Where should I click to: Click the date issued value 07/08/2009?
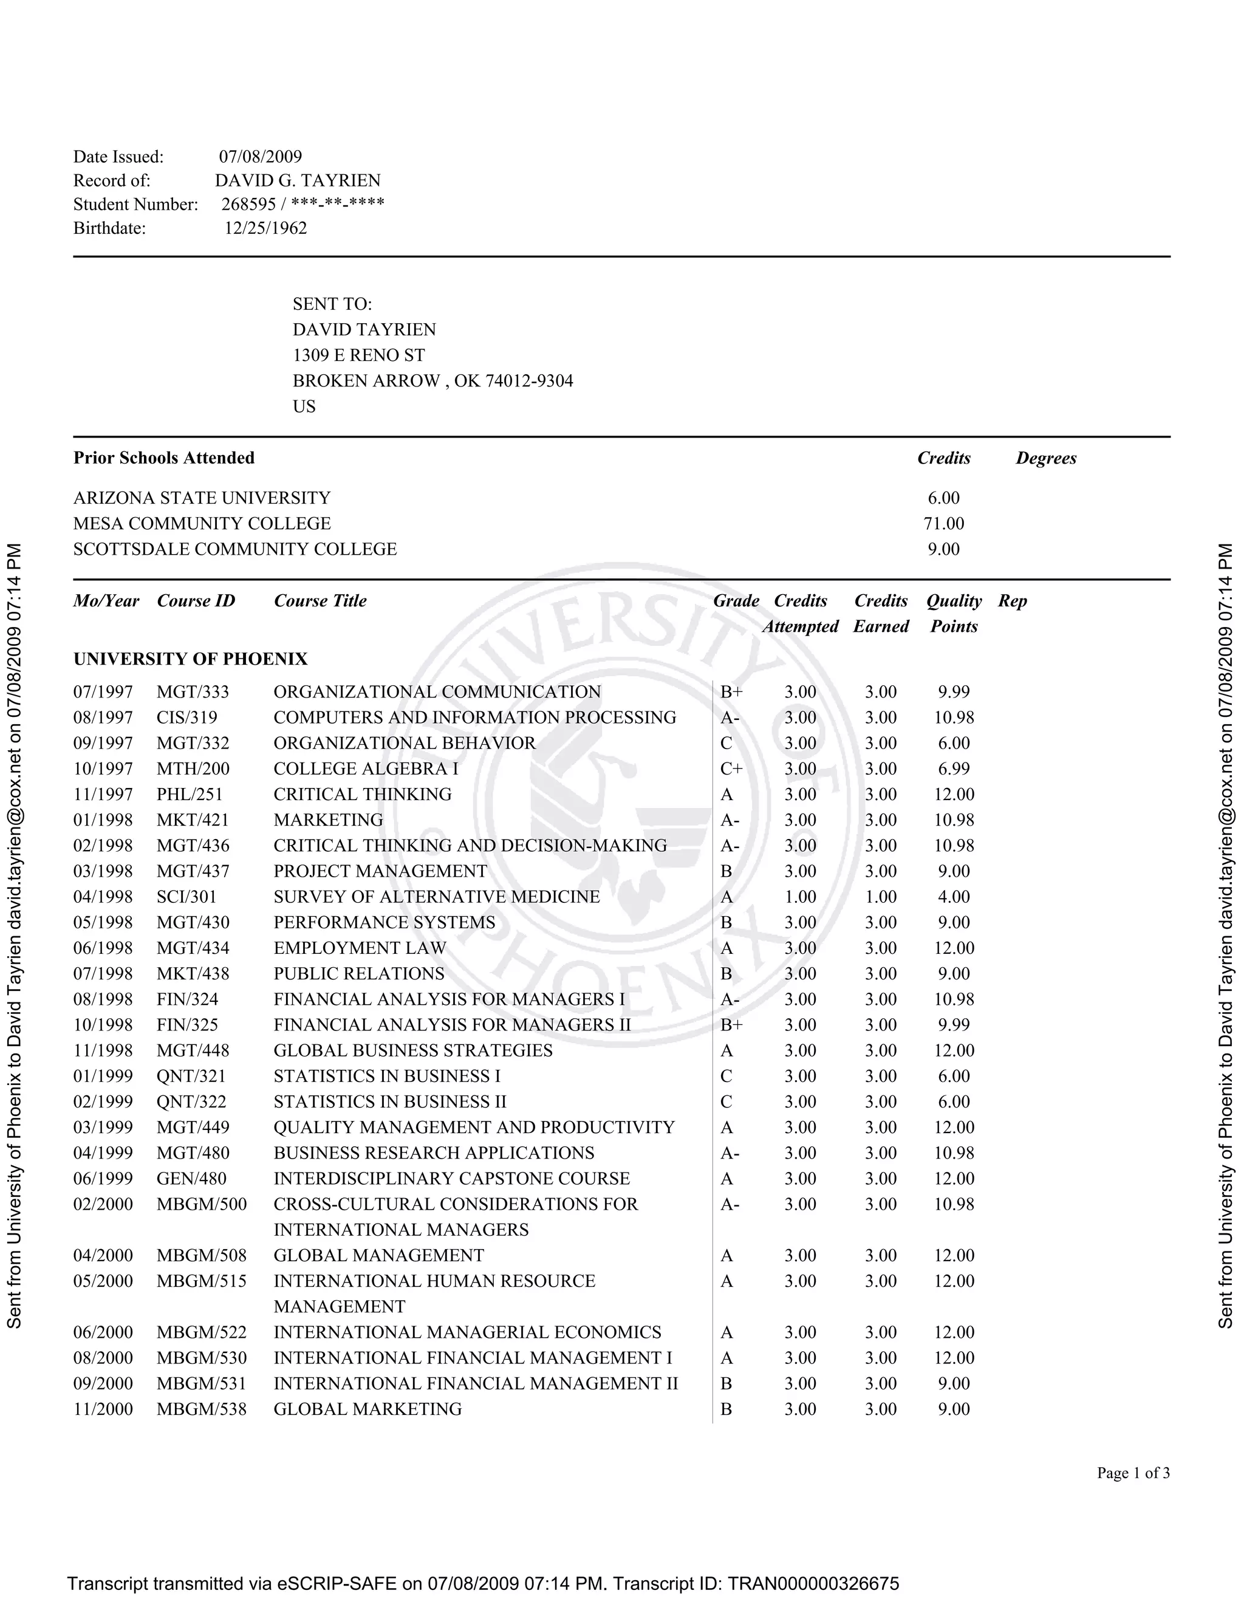(260, 156)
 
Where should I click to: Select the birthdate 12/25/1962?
(265, 228)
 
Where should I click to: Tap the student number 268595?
(248, 204)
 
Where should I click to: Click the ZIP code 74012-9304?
(528, 380)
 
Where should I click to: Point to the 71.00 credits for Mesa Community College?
(943, 523)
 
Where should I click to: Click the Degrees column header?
(1046, 458)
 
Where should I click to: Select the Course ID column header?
(196, 601)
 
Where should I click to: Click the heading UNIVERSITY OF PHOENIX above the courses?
(190, 659)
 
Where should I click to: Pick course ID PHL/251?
(190, 794)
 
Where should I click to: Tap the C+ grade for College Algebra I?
(731, 769)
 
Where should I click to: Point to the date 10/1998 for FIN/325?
(103, 1025)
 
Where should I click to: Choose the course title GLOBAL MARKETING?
(367, 1409)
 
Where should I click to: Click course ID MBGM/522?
(201, 1332)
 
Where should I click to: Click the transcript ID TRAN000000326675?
(813, 1583)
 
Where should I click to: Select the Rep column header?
(1012, 601)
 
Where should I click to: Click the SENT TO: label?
(332, 304)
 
